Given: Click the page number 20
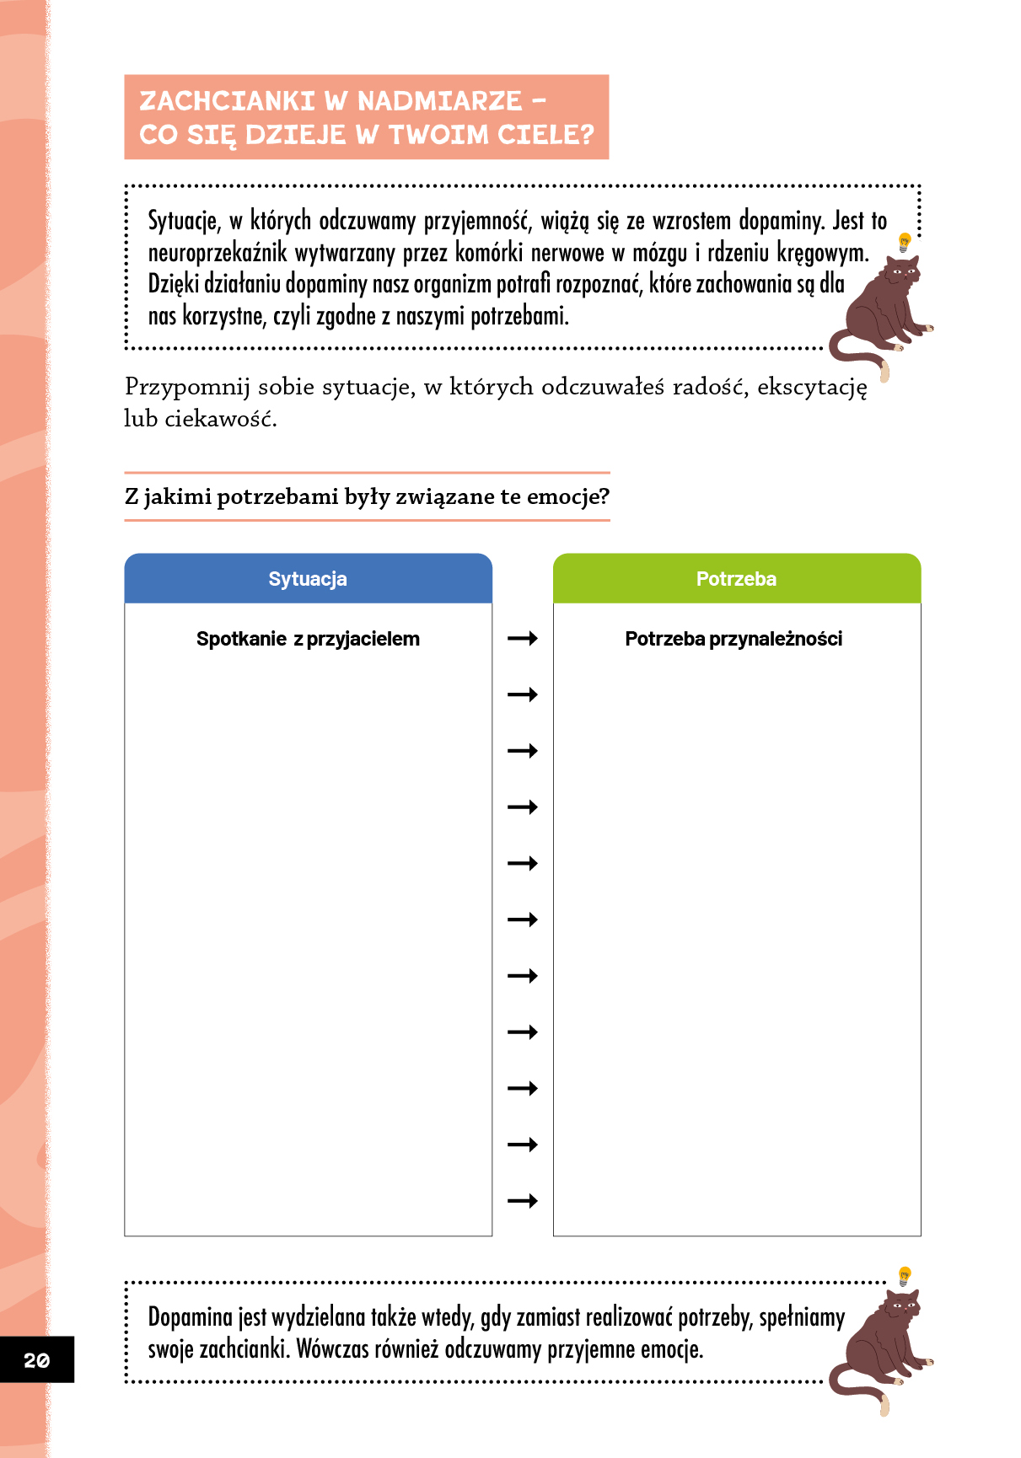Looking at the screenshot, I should point(36,1360).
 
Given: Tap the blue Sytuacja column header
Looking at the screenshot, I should point(308,579).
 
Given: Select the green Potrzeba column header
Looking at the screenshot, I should point(736,579).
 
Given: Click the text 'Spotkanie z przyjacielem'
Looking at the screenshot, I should point(308,639).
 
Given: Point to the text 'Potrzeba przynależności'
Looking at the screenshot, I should point(734,639).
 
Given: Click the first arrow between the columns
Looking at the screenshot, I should point(523,639).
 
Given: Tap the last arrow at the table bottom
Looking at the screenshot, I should point(523,1201).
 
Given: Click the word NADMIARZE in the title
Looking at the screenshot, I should point(439,101).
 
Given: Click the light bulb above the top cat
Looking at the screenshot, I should point(905,243).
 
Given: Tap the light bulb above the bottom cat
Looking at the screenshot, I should point(905,1275).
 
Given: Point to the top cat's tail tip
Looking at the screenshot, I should point(884,371).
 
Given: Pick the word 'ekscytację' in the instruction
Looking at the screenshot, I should point(812,388).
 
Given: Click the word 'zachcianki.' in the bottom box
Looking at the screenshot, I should point(245,1349).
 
